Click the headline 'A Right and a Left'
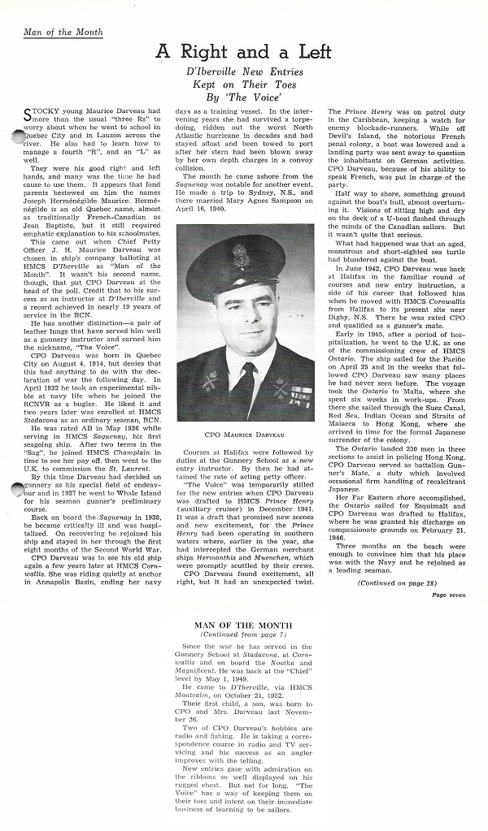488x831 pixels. coord(244,52)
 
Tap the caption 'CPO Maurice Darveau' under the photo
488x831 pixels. coord(245,435)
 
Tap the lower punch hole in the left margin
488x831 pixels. coord(19,489)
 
